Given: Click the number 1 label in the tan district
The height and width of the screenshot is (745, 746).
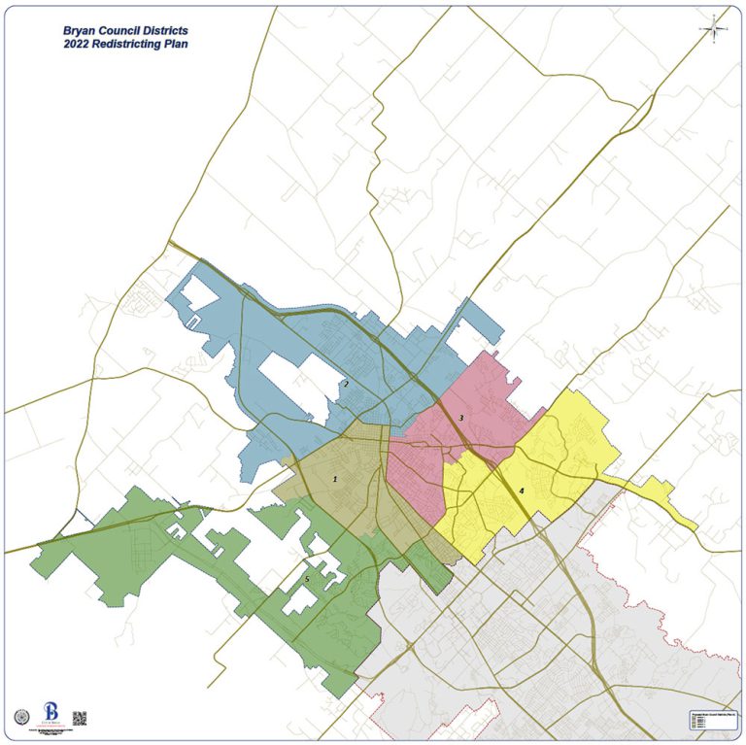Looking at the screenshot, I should point(334,479).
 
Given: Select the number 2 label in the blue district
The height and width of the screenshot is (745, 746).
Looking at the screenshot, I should point(346,385).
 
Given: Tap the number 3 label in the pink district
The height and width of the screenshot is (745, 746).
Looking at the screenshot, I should point(461,418).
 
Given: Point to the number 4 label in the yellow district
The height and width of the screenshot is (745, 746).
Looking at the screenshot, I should point(522,491).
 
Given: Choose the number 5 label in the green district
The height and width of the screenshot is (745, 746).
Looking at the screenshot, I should point(307,579).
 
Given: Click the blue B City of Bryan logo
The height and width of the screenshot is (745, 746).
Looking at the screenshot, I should point(51,713).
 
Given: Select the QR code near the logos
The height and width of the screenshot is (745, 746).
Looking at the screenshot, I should point(80,719).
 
